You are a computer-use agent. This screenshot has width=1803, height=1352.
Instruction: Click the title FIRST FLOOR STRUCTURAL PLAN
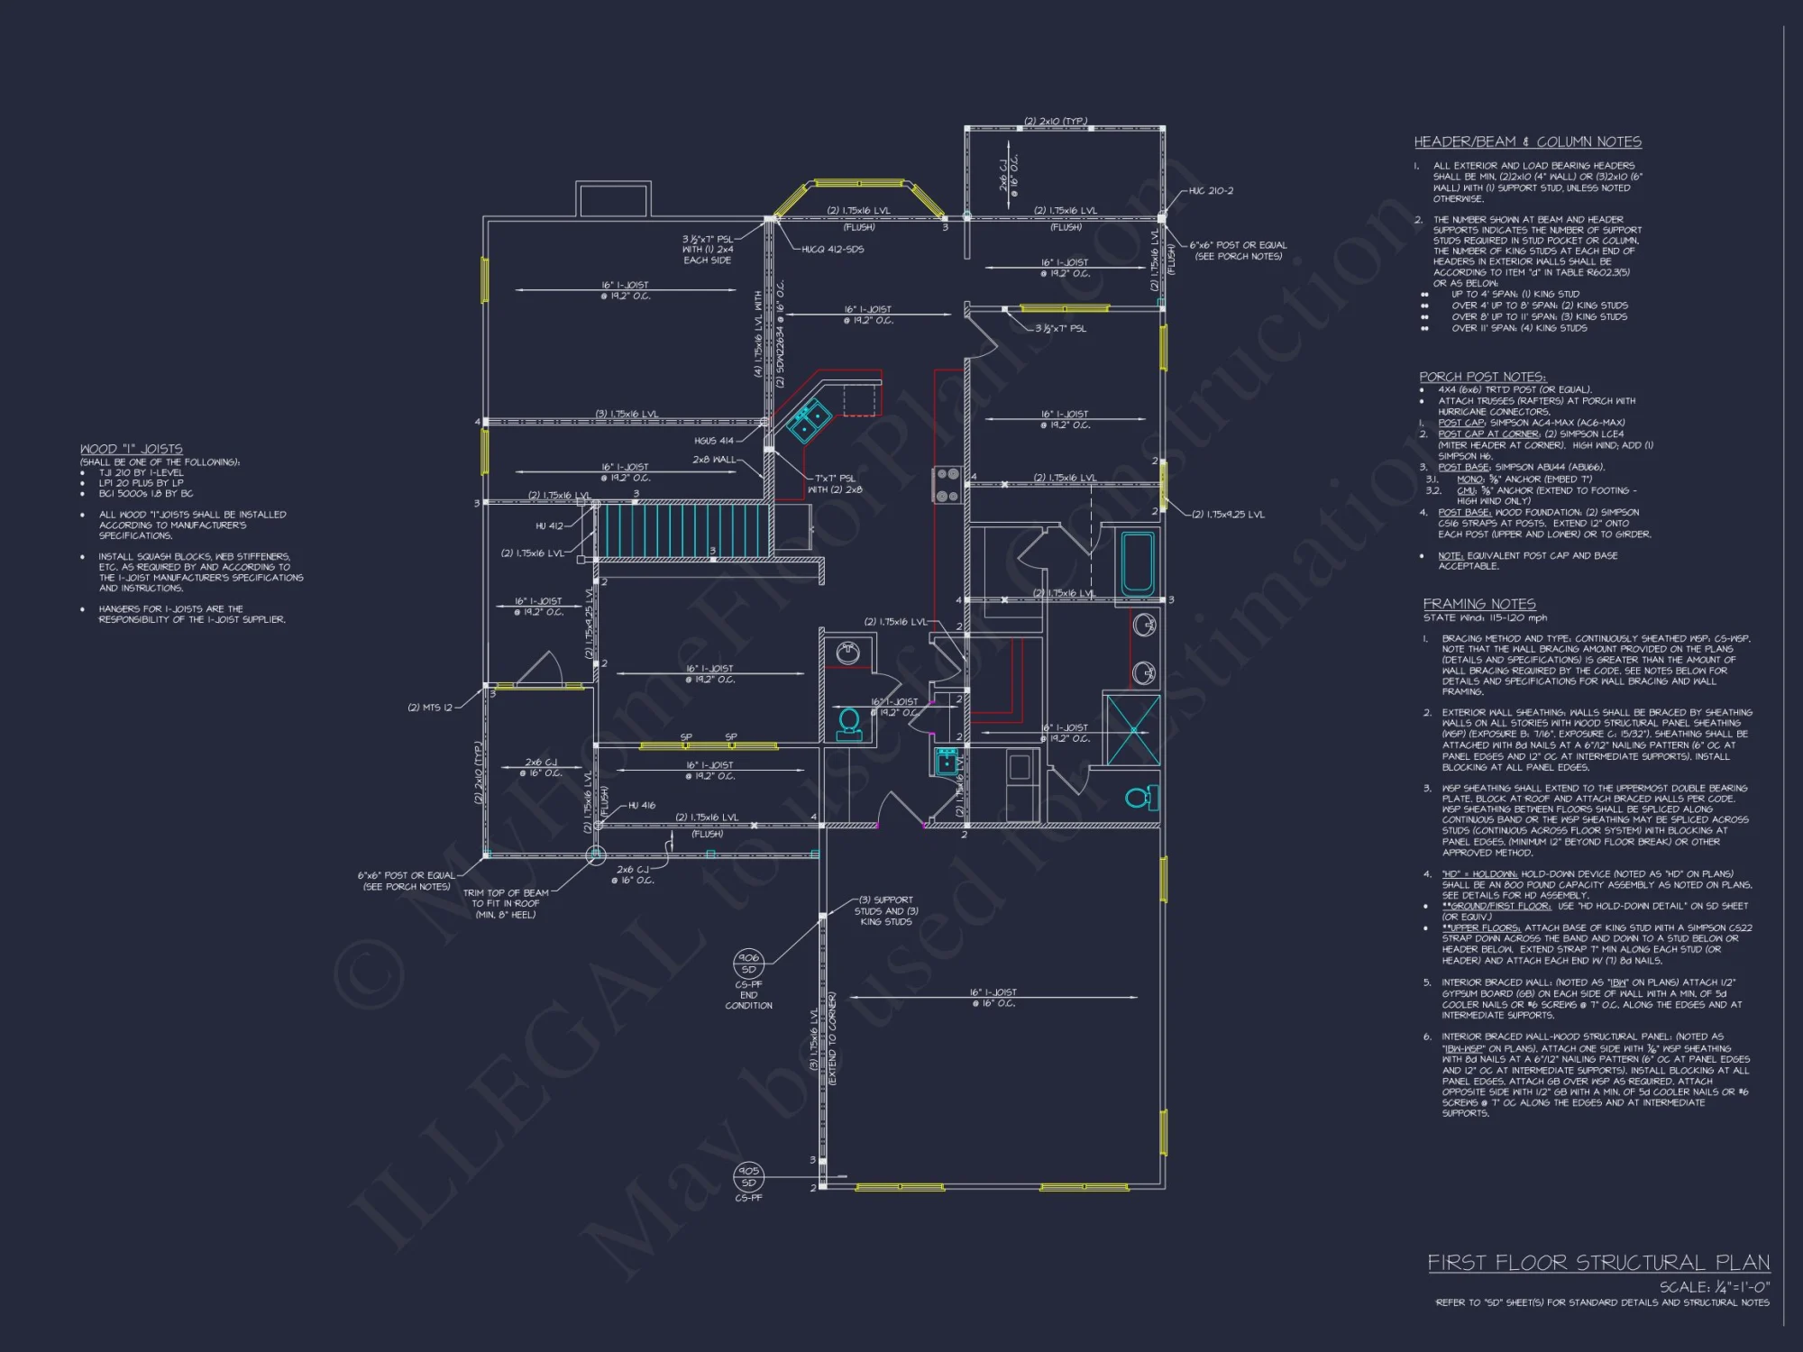pyautogui.click(x=1597, y=1263)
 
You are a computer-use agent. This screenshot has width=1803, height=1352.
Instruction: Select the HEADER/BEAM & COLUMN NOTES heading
pyautogui.click(x=1527, y=142)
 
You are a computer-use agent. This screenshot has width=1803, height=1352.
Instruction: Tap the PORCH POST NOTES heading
pyautogui.click(x=1482, y=377)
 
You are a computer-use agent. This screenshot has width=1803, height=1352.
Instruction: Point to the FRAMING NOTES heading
pyautogui.click(x=1478, y=604)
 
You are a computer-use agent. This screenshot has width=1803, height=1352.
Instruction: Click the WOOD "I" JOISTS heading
pyautogui.click(x=131, y=449)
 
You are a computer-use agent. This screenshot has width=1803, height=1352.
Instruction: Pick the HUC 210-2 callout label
pyautogui.click(x=1210, y=191)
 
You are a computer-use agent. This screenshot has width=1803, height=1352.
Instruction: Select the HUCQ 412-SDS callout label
pyautogui.click(x=832, y=250)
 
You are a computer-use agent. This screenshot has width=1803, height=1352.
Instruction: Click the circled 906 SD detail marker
pyautogui.click(x=748, y=963)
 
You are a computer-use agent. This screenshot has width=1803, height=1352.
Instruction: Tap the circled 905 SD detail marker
pyautogui.click(x=748, y=1176)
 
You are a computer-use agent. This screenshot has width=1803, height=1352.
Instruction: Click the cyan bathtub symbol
pyautogui.click(x=1137, y=563)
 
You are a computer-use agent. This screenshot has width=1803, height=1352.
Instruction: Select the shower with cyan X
pyautogui.click(x=1132, y=728)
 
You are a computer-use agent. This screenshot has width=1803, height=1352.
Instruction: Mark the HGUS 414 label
pyautogui.click(x=713, y=441)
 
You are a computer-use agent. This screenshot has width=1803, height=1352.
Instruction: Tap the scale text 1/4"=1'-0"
pyautogui.click(x=1714, y=1287)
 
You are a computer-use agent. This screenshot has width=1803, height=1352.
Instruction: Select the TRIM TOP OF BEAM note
pyautogui.click(x=505, y=903)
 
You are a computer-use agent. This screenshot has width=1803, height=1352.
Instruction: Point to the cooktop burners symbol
pyautogui.click(x=947, y=485)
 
